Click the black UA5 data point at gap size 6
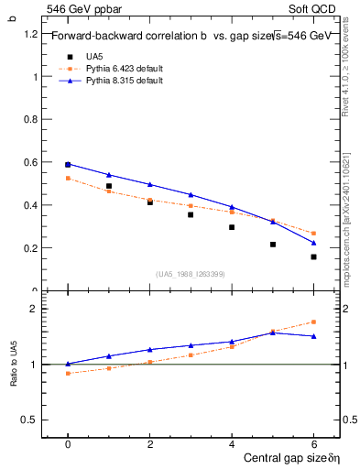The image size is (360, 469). tap(313, 256)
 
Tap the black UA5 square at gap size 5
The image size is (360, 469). tap(273, 245)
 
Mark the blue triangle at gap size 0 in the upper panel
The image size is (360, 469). tap(68, 164)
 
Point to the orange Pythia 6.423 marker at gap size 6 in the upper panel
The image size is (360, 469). tap(313, 234)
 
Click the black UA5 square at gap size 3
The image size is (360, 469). tap(191, 214)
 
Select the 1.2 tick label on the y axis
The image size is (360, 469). tap(30, 34)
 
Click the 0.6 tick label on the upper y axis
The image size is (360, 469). tap(30, 163)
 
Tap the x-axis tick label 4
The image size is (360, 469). tap(232, 444)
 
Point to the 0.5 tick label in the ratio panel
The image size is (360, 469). tap(30, 420)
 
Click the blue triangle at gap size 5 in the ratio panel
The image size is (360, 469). tap(273, 333)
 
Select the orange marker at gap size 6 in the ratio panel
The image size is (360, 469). tap(313, 322)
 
